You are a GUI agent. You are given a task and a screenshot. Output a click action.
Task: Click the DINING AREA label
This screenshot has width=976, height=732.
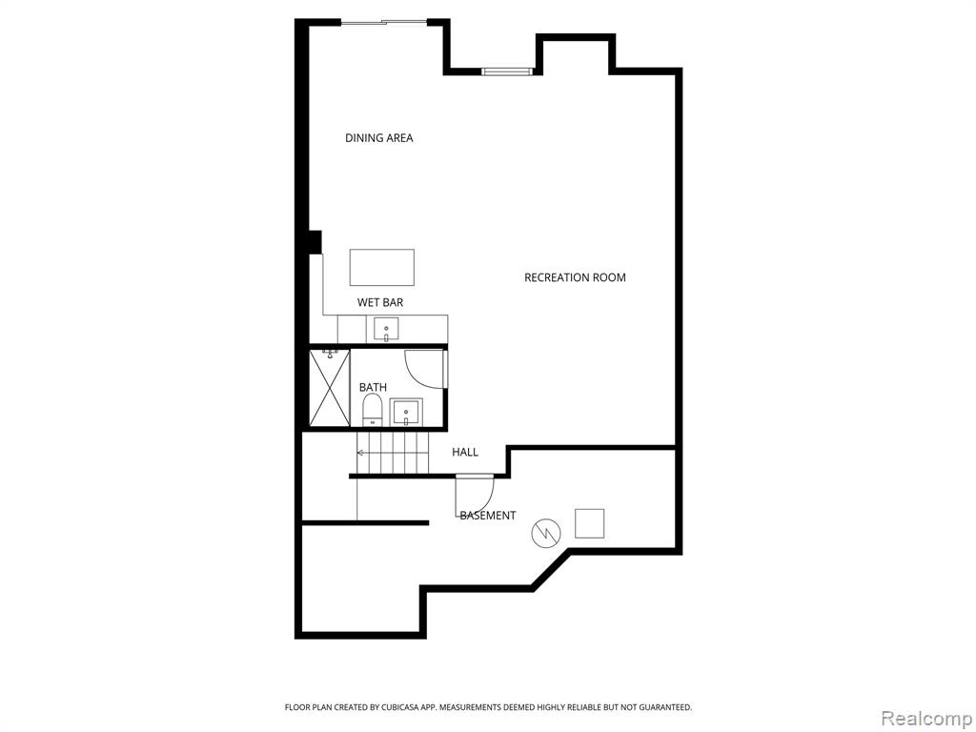tap(379, 137)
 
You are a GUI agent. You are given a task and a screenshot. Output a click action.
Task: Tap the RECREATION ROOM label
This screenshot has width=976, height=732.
tap(575, 277)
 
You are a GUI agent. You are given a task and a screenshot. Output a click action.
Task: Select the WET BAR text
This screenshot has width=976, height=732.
tap(379, 302)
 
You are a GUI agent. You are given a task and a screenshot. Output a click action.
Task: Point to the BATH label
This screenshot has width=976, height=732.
tap(373, 387)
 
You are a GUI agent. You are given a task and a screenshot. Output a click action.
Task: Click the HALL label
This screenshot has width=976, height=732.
tap(465, 452)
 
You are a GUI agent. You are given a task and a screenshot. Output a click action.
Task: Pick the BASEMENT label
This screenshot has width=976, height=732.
tap(488, 516)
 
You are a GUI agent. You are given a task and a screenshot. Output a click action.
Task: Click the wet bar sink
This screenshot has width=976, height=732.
tap(386, 329)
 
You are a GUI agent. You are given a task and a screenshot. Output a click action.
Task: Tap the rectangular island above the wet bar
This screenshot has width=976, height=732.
tap(382, 267)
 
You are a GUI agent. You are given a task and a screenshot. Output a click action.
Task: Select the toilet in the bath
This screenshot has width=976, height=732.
tap(373, 410)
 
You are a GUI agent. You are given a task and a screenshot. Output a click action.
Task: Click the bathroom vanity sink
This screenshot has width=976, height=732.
tap(406, 412)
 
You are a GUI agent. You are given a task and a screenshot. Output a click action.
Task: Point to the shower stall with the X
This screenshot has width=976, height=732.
tap(330, 388)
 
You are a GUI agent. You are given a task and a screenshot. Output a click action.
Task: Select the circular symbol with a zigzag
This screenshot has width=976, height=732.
tap(546, 534)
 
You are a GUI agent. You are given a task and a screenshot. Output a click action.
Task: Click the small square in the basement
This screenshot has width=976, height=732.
tap(589, 523)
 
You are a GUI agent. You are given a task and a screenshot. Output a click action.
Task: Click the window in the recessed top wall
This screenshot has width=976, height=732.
tap(507, 71)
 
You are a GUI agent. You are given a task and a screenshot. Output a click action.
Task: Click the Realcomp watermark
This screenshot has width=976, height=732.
tap(925, 719)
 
